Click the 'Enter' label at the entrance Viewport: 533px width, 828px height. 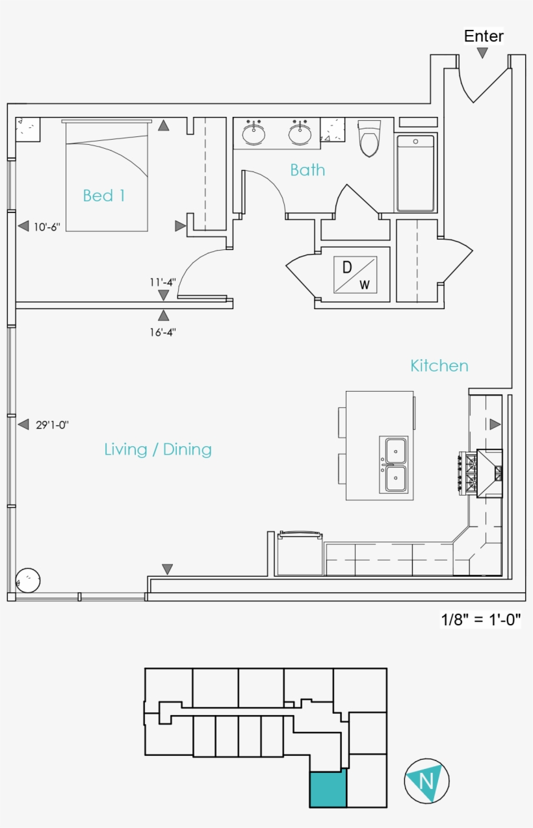coord(484,36)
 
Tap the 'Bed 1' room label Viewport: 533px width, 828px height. coord(104,195)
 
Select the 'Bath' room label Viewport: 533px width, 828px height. coord(307,170)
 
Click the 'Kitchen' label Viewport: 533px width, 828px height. coord(439,366)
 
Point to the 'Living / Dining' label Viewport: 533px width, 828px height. coord(158,449)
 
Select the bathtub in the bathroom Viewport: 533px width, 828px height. coord(415,173)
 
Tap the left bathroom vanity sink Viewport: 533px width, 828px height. coord(253,134)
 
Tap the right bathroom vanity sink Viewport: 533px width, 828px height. coord(300,134)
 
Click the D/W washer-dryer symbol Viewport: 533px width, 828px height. coord(355,275)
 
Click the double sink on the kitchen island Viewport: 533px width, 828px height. coord(395,464)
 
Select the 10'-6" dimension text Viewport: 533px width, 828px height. coord(47,227)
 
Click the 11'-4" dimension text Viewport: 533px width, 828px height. coord(162,282)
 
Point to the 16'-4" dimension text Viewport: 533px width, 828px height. coord(162,332)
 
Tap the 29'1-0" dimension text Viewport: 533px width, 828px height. coord(52,425)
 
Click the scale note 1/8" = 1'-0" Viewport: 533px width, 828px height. coord(480,620)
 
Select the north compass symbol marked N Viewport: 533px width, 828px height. coord(426,780)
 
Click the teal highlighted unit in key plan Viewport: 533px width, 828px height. coord(328,790)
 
